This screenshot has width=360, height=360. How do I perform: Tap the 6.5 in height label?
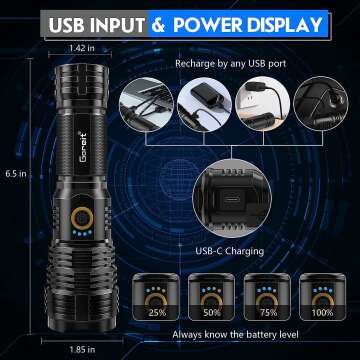[14, 173]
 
